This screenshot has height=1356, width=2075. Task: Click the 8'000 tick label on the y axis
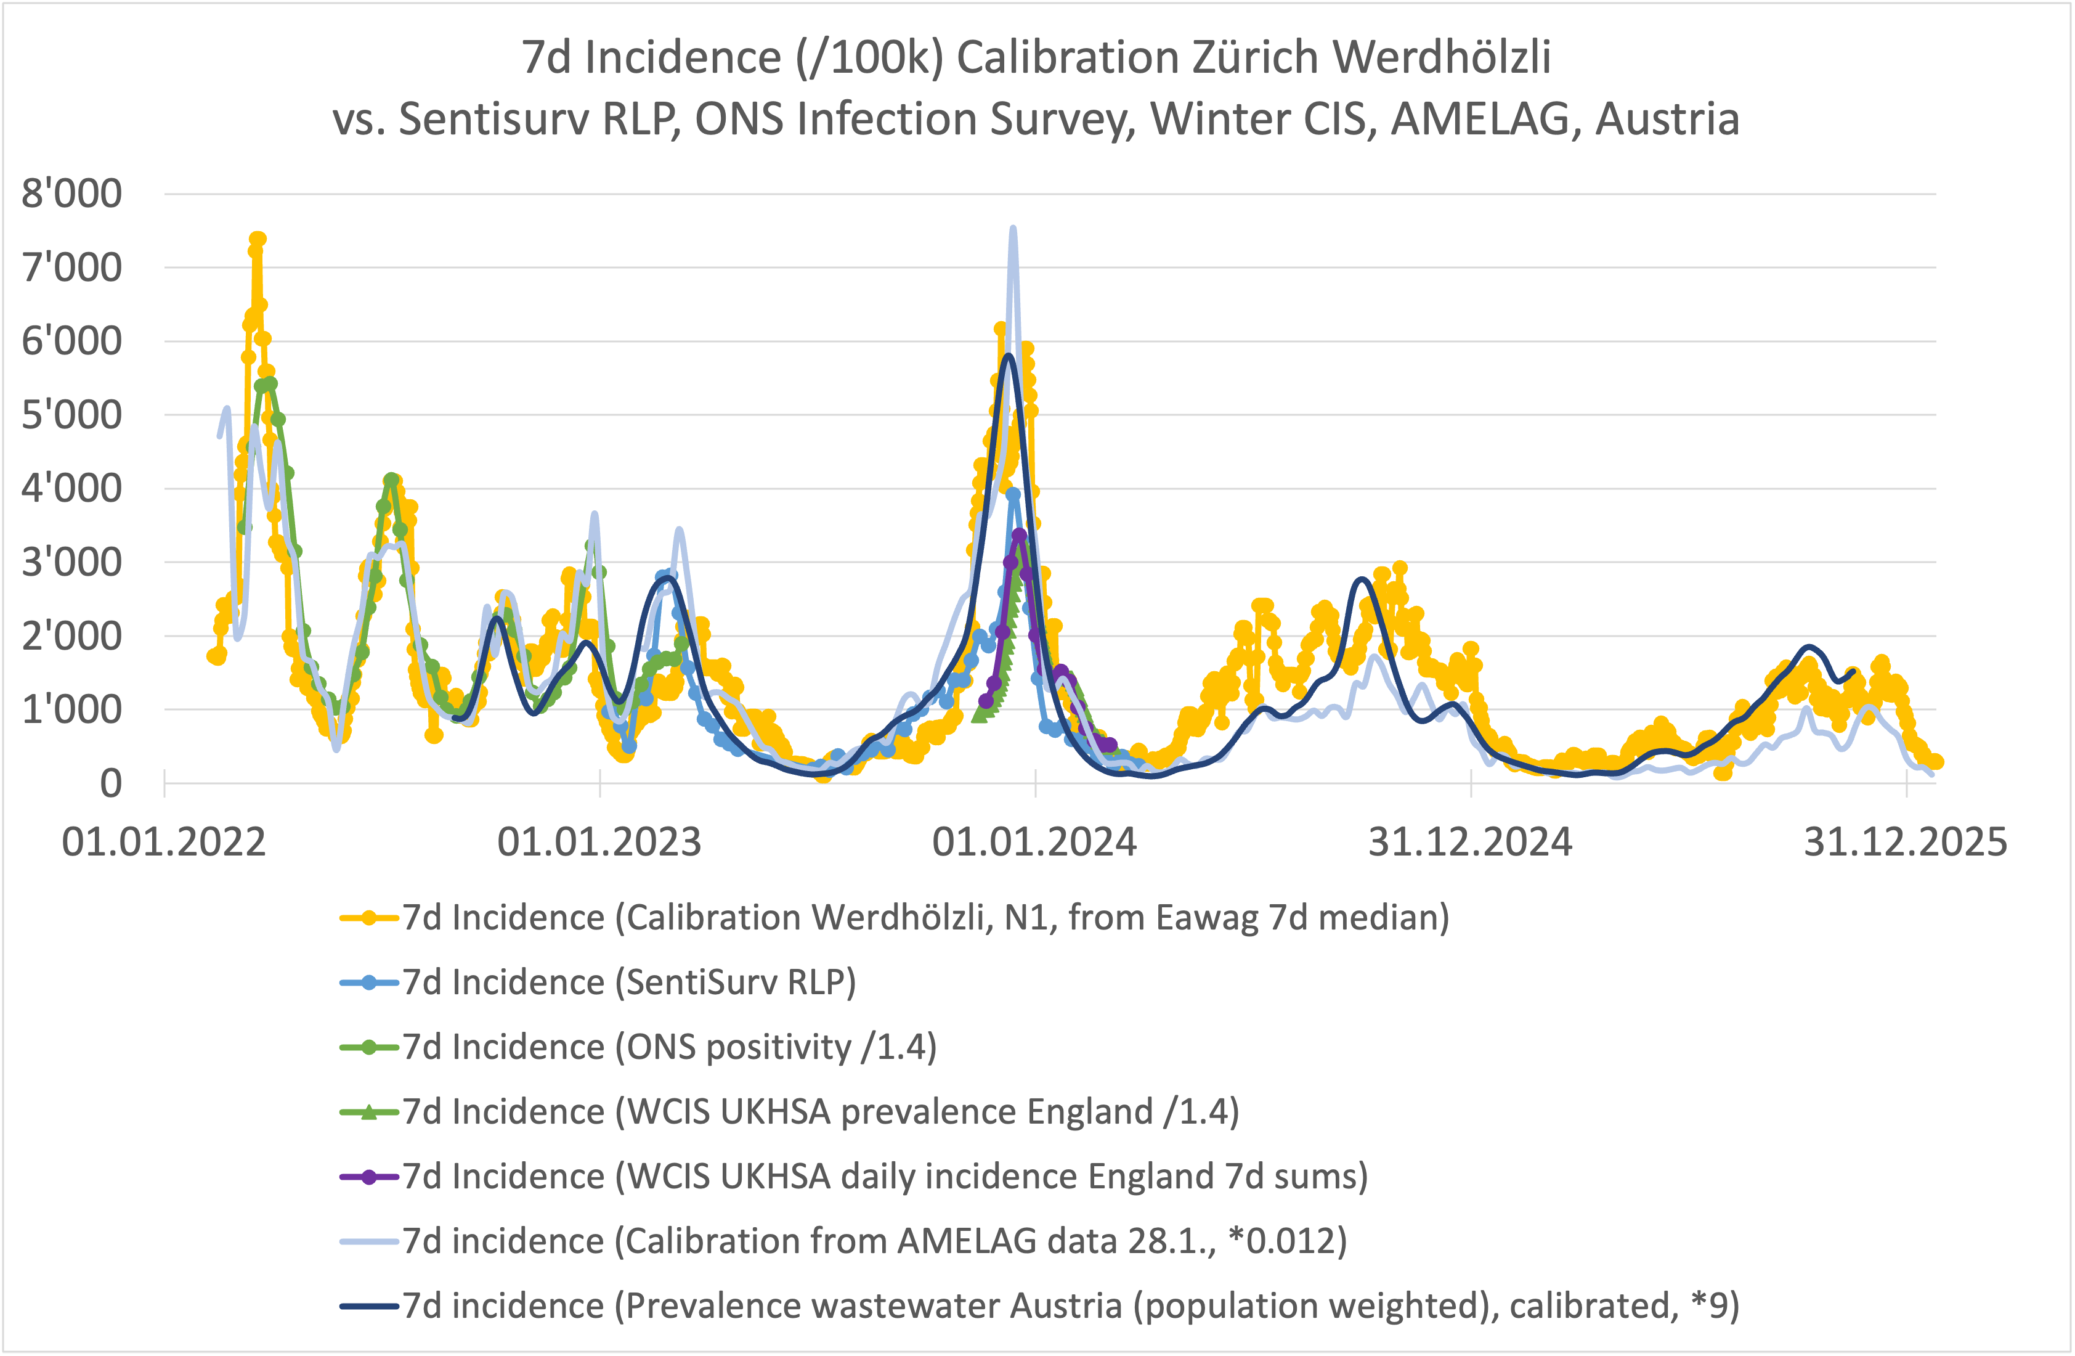click(x=71, y=194)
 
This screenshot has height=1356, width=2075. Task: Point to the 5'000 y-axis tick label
click(x=71, y=415)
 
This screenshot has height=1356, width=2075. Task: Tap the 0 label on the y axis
click(x=111, y=783)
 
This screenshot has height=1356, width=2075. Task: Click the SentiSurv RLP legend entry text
click(x=628, y=982)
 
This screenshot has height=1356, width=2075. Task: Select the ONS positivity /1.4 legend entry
click(x=668, y=1047)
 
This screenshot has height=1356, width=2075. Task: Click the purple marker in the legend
click(x=369, y=1177)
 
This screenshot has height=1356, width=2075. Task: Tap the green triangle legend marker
click(x=369, y=1112)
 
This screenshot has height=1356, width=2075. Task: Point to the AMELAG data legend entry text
click(x=874, y=1241)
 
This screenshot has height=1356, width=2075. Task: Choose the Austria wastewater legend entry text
click(x=1070, y=1306)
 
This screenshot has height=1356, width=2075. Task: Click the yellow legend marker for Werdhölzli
click(x=369, y=917)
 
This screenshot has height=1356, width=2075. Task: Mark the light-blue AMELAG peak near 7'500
click(x=1012, y=229)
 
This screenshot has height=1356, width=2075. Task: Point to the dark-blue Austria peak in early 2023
click(x=667, y=578)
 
